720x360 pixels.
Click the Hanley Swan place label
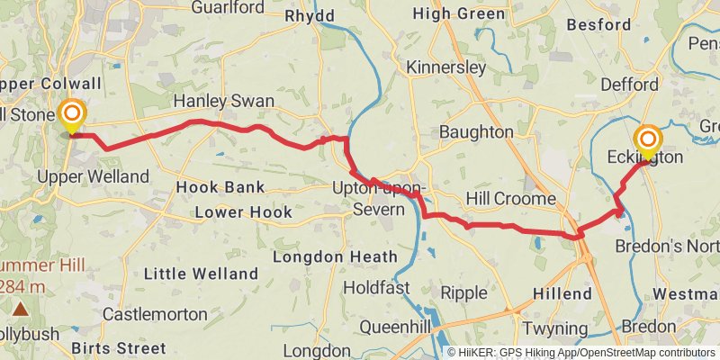[x=223, y=102]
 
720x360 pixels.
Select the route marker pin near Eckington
[x=647, y=141]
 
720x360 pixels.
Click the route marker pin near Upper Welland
[x=71, y=116]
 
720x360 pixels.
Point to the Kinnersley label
[x=445, y=67]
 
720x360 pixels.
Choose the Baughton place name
[x=476, y=132]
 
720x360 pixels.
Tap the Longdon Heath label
[x=334, y=256]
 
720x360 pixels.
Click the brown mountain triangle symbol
[x=20, y=309]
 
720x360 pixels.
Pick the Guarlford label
[x=228, y=7]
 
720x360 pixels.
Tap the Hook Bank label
[x=220, y=187]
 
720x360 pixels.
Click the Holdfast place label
[x=377, y=289]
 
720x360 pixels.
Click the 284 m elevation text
[x=24, y=286]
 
